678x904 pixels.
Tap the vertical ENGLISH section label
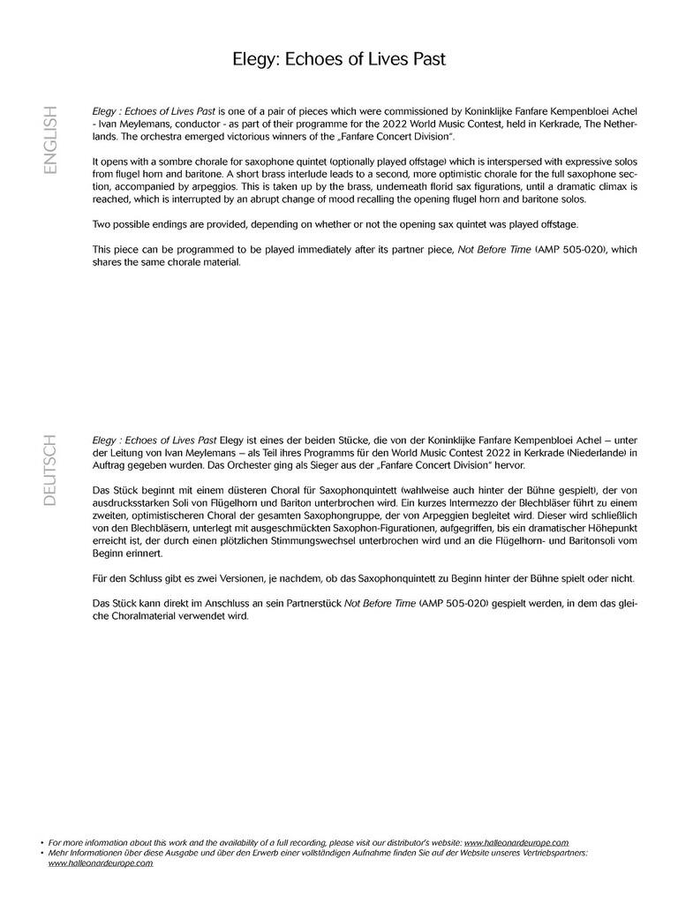(x=49, y=139)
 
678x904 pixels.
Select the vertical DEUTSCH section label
(x=49, y=470)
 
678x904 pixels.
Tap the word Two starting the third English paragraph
(x=102, y=224)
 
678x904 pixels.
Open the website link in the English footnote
(x=516, y=843)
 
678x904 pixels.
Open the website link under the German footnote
(x=100, y=863)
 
